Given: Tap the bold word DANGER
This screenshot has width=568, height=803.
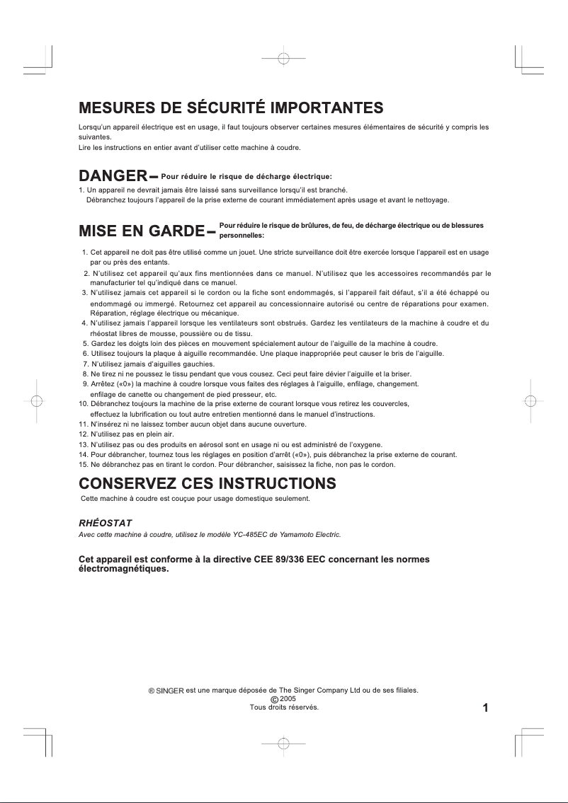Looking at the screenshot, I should click(x=112, y=175).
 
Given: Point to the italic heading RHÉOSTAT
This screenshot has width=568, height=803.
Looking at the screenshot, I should click(x=105, y=522).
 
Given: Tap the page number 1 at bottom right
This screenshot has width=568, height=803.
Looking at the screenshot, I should click(x=486, y=707).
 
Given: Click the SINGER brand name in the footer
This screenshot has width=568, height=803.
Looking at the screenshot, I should click(x=169, y=689).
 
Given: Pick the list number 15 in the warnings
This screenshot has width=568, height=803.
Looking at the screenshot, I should click(x=82, y=465).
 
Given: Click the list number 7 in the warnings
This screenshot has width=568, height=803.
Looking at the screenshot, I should click(x=85, y=364).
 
